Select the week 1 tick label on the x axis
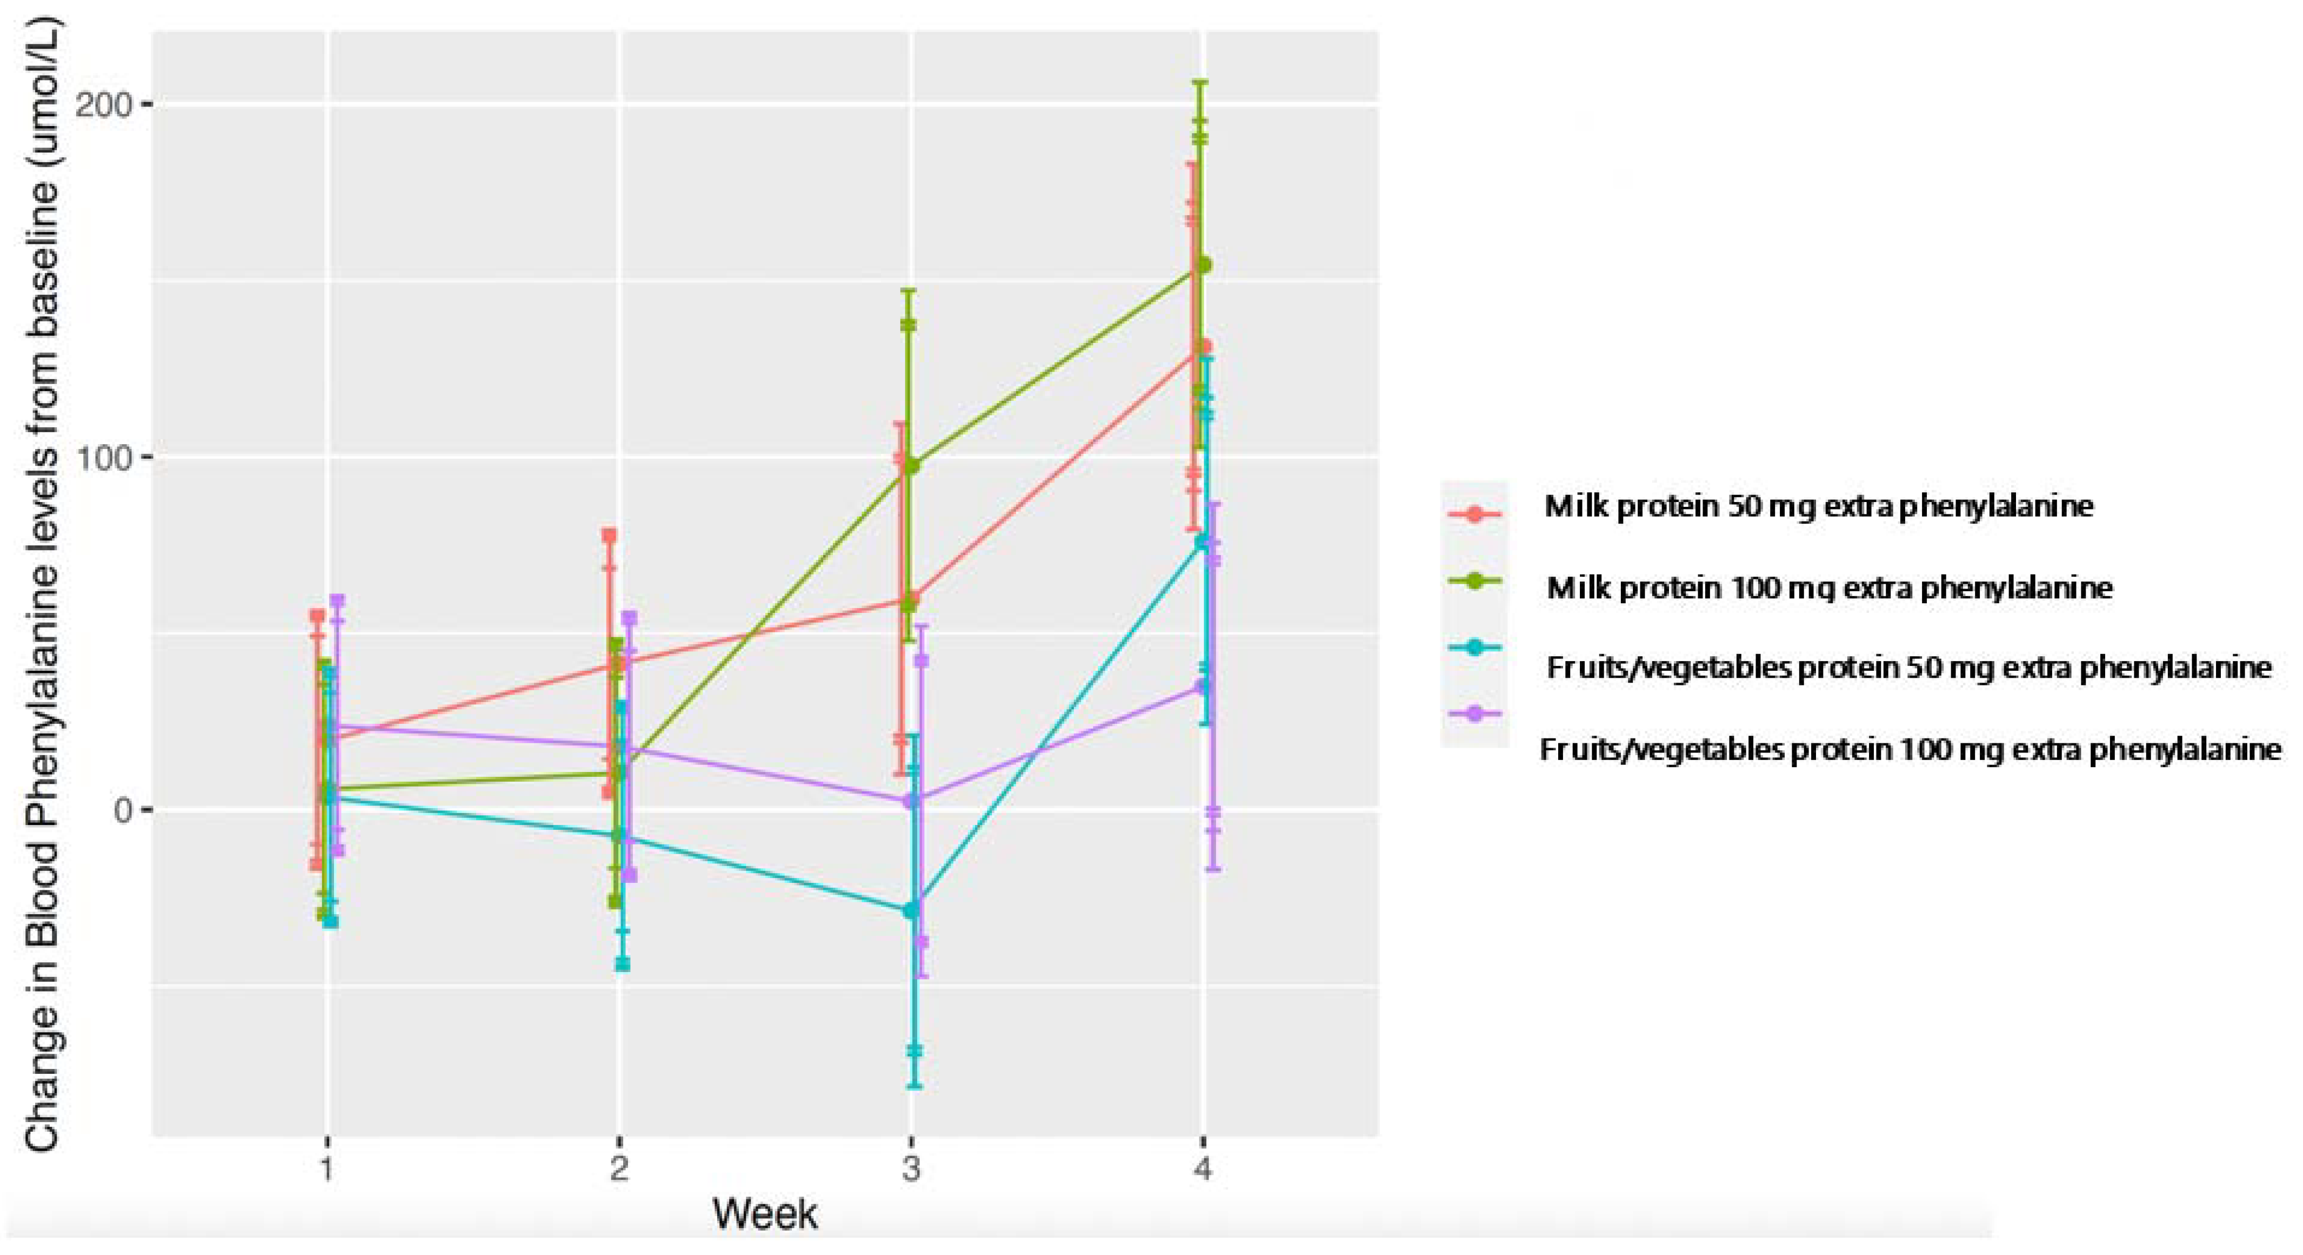pyautogui.click(x=327, y=1169)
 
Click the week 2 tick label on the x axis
pyautogui.click(x=619, y=1169)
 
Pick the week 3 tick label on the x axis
pyautogui.click(x=911, y=1169)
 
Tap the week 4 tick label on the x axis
pyautogui.click(x=1203, y=1169)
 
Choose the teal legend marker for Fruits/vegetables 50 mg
pyautogui.click(x=1474, y=647)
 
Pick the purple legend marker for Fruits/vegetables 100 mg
pyautogui.click(x=1474, y=714)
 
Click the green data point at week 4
pyautogui.click(x=1203, y=265)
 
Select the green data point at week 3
pyautogui.click(x=912, y=465)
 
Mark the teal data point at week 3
pyautogui.click(x=911, y=910)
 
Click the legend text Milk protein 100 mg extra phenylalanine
pyautogui.click(x=1829, y=587)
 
